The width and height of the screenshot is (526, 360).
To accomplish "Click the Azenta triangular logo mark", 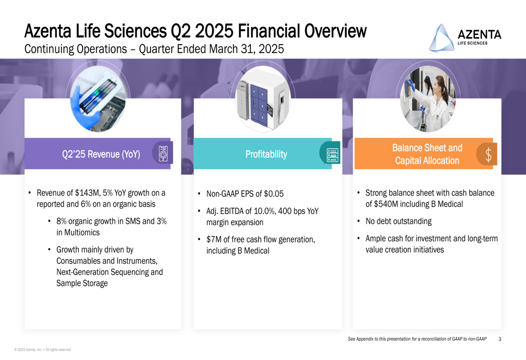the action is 442,38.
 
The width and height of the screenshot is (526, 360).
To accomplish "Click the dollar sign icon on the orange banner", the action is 489,155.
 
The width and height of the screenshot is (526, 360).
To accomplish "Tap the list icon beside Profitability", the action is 332,155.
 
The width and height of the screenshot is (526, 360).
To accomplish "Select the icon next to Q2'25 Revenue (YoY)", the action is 163,154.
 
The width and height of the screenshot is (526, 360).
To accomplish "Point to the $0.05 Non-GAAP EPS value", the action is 274,194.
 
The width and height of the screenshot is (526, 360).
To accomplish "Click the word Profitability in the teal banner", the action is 266,154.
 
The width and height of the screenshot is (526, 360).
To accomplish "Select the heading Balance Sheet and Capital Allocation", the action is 427,154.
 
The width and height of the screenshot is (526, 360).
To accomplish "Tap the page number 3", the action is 500,339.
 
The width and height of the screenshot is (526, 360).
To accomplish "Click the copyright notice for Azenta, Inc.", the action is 43,349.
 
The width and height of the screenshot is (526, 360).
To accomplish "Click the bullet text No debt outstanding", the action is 399,221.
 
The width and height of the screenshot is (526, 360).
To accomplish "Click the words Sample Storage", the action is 82,283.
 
